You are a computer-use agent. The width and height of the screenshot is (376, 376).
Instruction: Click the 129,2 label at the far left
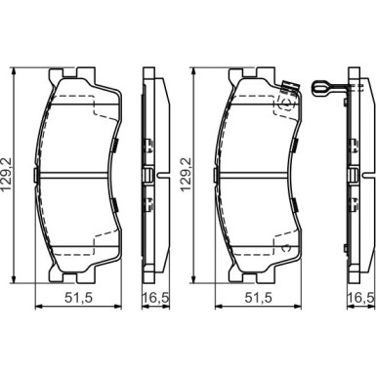pyautogui.click(x=7, y=175)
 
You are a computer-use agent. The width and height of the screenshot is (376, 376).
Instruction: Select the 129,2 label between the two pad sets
pyautogui.click(x=186, y=175)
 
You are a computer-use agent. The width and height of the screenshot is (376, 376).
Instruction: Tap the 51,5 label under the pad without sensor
pyautogui.click(x=79, y=298)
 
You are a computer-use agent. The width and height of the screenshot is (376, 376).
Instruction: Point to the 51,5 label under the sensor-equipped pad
pyautogui.click(x=258, y=298)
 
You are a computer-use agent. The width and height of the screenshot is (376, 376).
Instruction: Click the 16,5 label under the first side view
pyautogui.click(x=155, y=298)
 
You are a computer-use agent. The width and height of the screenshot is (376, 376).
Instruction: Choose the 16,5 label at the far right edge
pyautogui.click(x=362, y=298)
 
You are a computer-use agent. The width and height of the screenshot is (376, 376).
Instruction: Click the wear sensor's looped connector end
pyautogui.click(x=320, y=88)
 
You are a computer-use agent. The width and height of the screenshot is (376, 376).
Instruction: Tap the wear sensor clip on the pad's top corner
pyautogui.click(x=289, y=87)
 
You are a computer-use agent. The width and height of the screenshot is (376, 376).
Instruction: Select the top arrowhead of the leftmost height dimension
pyautogui.click(x=14, y=71)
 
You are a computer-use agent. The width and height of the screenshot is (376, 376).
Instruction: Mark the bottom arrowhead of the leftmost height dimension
pyautogui.click(x=14, y=279)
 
